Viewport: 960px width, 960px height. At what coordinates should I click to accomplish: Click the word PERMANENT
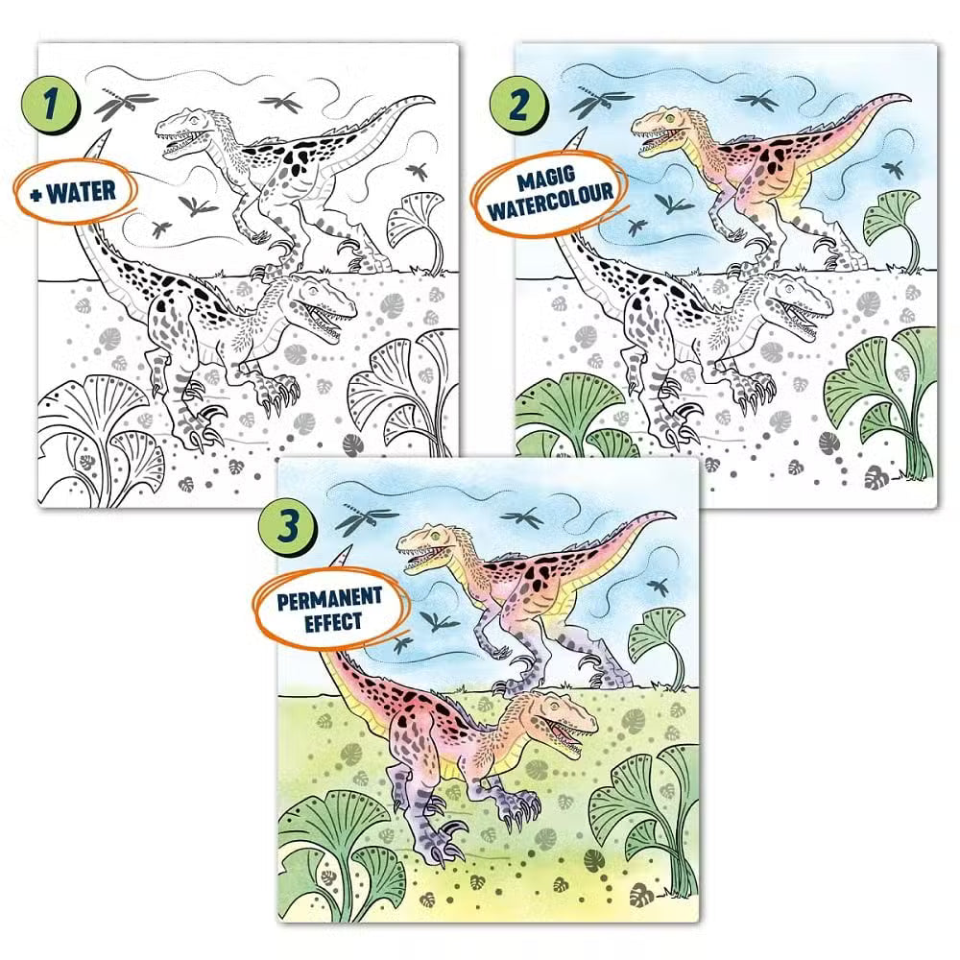(x=330, y=597)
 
